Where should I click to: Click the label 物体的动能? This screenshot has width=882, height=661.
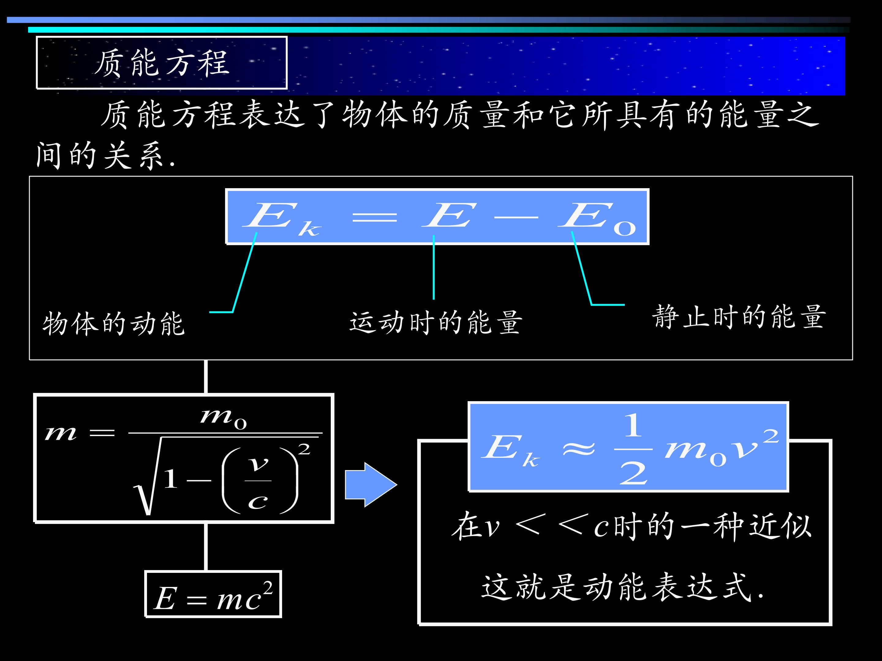pos(114,323)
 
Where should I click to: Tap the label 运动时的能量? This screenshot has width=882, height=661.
pos(436,322)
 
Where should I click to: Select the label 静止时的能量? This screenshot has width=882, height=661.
pos(739,317)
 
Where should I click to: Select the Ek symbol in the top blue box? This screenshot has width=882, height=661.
pos(281,219)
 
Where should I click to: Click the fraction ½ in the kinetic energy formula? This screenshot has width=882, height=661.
pos(633,449)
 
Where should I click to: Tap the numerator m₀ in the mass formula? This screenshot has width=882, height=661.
pos(223,418)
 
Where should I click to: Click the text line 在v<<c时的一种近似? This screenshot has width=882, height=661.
pos(631,526)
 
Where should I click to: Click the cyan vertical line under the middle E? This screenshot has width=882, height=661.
pos(433,267)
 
